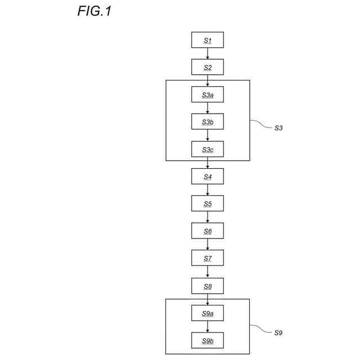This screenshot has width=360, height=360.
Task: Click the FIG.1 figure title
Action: pyautogui.click(x=94, y=11)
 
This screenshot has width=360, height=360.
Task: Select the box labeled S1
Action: pyautogui.click(x=208, y=40)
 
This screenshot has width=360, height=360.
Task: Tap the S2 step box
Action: pyautogui.click(x=208, y=67)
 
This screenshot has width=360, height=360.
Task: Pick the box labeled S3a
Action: pyautogui.click(x=208, y=94)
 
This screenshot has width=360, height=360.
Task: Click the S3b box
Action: pyautogui.click(x=208, y=121)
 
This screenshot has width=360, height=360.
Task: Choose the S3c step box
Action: pyautogui.click(x=208, y=148)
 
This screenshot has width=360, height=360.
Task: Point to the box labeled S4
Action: pyautogui.click(x=208, y=176)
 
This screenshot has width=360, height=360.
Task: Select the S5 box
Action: pyautogui.click(x=208, y=203)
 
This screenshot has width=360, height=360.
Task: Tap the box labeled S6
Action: pyautogui.click(x=208, y=231)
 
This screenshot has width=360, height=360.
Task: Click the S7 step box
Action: pyautogui.click(x=208, y=258)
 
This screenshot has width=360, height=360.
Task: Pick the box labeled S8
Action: pyautogui.click(x=208, y=285)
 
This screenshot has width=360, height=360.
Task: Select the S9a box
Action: pyautogui.click(x=208, y=312)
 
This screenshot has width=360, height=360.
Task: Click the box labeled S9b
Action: pyautogui.click(x=208, y=340)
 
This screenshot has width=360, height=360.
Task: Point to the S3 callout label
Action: pyautogui.click(x=278, y=128)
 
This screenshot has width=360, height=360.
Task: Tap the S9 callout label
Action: pyautogui.click(x=278, y=333)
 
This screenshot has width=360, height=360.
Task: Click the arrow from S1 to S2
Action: pyautogui.click(x=208, y=53)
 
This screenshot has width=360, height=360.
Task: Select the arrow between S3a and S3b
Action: pyautogui.click(x=208, y=108)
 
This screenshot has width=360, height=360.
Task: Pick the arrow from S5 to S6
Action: pyautogui.click(x=208, y=217)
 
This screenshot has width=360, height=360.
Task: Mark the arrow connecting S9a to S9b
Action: pyautogui.click(x=208, y=326)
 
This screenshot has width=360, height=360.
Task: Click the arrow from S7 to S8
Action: pyautogui.click(x=208, y=272)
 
